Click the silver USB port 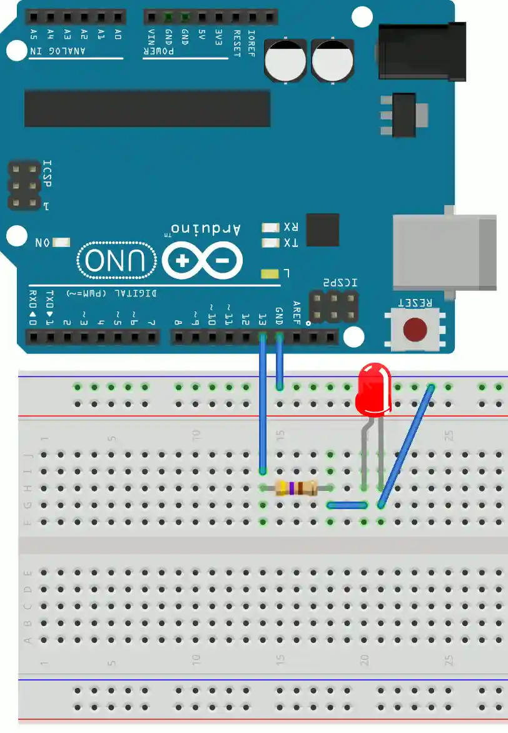pos(443,253)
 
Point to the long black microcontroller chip pos(147,108)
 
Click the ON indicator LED pos(62,243)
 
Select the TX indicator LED pos(270,243)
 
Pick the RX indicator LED pos(270,227)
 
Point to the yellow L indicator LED pos(270,273)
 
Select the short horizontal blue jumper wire pos(347,505)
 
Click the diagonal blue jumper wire pos(405,445)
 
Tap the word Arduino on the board pos(206,229)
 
